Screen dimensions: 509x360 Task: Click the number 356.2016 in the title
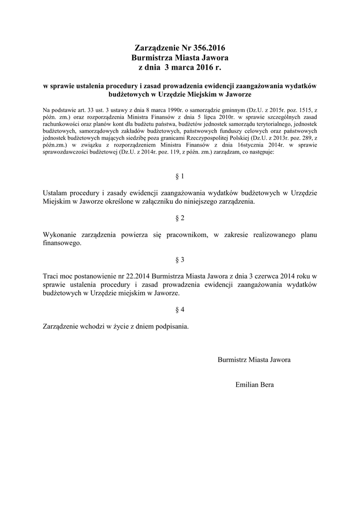pyautogui.click(x=207, y=48)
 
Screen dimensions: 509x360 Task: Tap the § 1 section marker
pyautogui.click(x=180, y=176)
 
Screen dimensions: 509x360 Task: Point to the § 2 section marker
pyautogui.click(x=180, y=218)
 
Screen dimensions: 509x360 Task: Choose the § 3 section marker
pyautogui.click(x=180, y=259)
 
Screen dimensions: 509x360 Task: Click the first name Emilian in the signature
pyautogui.click(x=247, y=385)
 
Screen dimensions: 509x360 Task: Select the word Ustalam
pyautogui.click(x=56, y=193)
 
